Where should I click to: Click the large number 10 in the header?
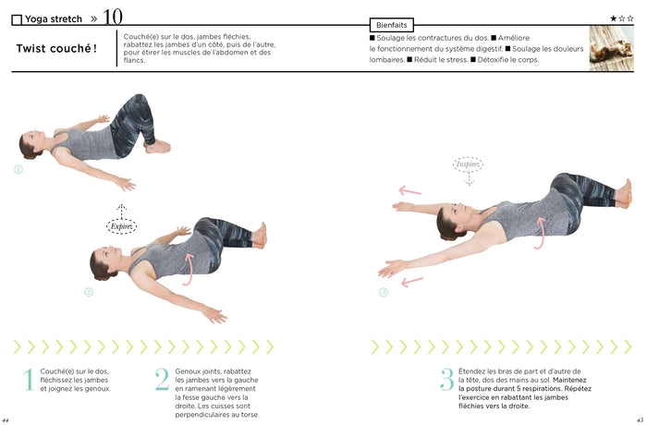click(112, 16)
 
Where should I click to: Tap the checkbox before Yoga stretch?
click(17, 18)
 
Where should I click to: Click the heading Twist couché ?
click(56, 49)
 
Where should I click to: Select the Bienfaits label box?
click(391, 25)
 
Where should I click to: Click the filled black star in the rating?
click(613, 18)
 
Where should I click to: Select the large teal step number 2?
click(162, 380)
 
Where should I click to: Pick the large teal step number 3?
click(446, 380)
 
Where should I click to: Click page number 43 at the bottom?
click(639, 419)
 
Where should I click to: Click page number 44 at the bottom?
click(6, 419)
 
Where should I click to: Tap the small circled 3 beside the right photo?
click(383, 293)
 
